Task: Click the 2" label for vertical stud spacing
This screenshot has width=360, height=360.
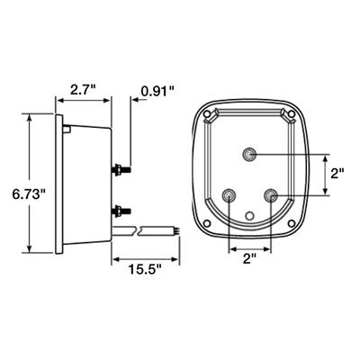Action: click(337, 173)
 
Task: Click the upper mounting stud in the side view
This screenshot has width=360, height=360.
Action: click(121, 167)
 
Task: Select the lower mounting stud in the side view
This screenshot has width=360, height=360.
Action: click(121, 211)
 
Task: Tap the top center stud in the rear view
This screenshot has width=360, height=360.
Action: click(249, 154)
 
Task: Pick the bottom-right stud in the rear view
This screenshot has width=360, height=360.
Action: click(270, 194)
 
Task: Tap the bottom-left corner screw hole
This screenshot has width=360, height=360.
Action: click(208, 222)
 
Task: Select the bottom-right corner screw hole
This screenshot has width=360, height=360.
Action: click(292, 222)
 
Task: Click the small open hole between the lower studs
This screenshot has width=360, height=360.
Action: click(250, 215)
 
